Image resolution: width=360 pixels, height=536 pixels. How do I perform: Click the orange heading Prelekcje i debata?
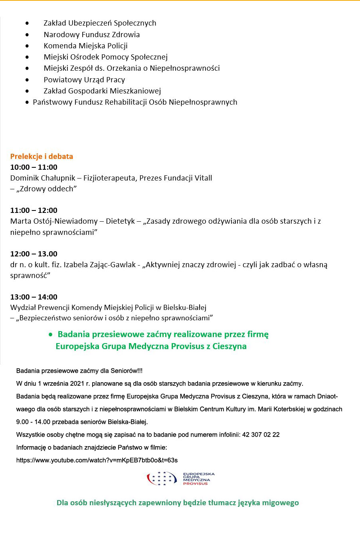pyautogui.click(x=42, y=156)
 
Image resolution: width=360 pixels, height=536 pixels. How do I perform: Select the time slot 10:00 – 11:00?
pyautogui.click(x=34, y=167)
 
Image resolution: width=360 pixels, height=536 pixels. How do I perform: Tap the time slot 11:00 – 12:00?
pyautogui.click(x=34, y=210)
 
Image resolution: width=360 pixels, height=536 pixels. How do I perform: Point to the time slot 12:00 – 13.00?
pyautogui.click(x=34, y=254)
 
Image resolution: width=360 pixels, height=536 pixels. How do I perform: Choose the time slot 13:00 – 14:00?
pyautogui.click(x=34, y=297)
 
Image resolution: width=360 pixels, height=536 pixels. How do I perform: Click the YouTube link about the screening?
pyautogui.click(x=97, y=460)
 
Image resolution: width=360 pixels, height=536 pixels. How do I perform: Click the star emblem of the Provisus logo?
pyautogui.click(x=162, y=478)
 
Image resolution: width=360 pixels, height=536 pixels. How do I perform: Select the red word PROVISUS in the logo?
pyautogui.click(x=195, y=484)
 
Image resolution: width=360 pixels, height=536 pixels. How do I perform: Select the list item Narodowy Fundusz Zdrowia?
pyautogui.click(x=91, y=34)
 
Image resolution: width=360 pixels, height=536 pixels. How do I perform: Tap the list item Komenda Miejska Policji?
pyautogui.click(x=85, y=46)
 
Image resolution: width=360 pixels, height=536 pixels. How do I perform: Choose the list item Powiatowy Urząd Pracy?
pyautogui.click(x=84, y=79)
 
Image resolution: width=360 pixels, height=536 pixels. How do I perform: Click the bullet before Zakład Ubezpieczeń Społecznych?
pyautogui.click(x=27, y=23)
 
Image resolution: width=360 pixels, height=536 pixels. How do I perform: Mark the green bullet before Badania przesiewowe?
pyautogui.click(x=50, y=334)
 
